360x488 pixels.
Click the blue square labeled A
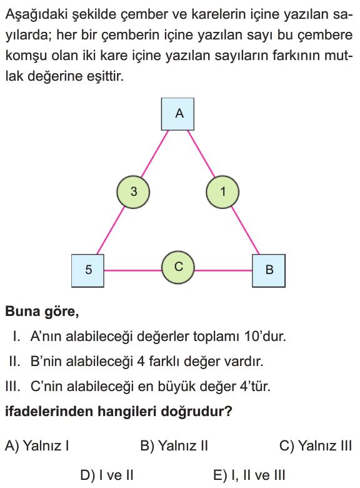pyautogui.click(x=177, y=114)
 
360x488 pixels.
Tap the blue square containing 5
pyautogui.click(x=87, y=270)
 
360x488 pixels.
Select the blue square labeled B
pyautogui.click(x=269, y=270)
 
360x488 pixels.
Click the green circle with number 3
pyautogui.click(x=133, y=191)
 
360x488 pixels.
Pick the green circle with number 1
pyautogui.click(x=222, y=191)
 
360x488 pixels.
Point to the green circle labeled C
pyautogui.click(x=178, y=268)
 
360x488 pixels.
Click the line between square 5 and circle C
pyautogui.click(x=132, y=270)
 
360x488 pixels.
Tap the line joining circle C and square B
pyautogui.click(x=223, y=270)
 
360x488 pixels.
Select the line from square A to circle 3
pyautogui.click(x=155, y=154)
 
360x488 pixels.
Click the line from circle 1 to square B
pyautogui.click(x=245, y=230)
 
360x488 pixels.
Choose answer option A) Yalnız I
pyautogui.click(x=37, y=445)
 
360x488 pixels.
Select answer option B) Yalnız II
pyautogui.click(x=174, y=445)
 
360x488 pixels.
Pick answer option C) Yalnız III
pyautogui.click(x=316, y=445)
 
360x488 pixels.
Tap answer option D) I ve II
pyautogui.click(x=107, y=475)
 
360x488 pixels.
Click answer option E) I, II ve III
pyautogui.click(x=249, y=475)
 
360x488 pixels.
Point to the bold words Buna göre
pyautogui.click(x=42, y=312)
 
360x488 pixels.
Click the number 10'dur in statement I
pyautogui.click(x=265, y=337)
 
